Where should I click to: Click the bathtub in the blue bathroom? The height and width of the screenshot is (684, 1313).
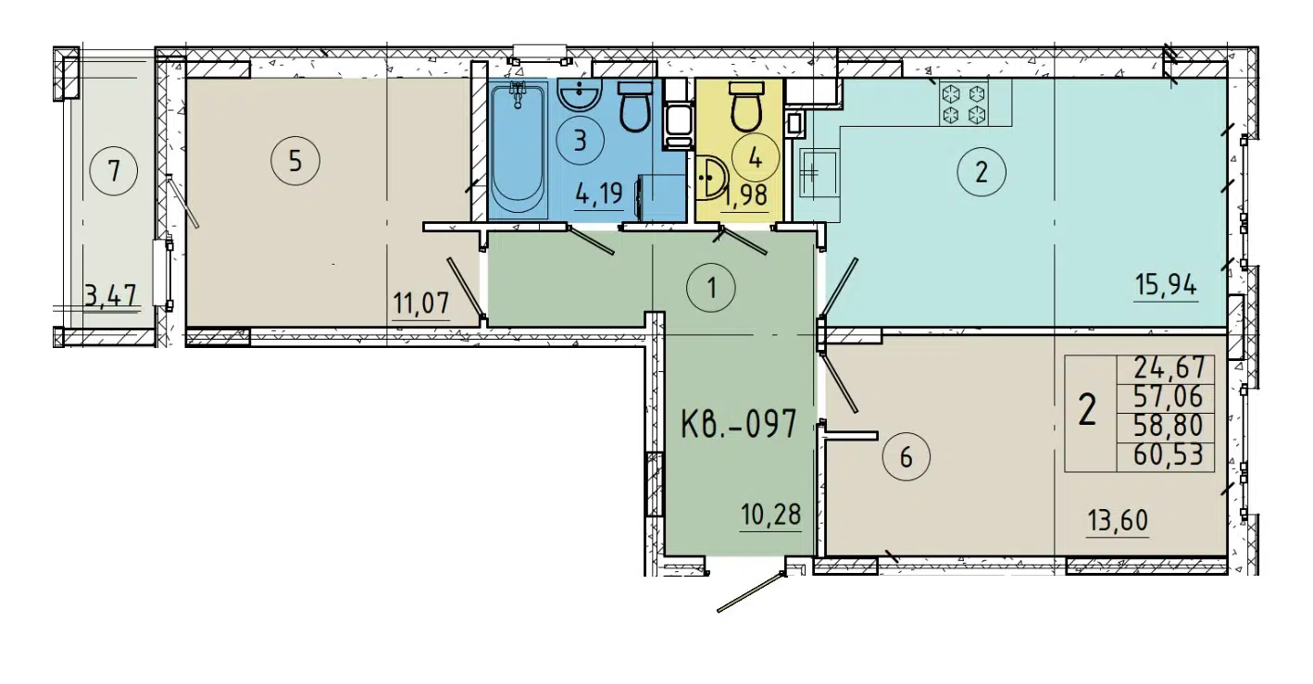tap(518, 148)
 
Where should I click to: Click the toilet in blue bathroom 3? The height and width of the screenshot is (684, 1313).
tap(634, 107)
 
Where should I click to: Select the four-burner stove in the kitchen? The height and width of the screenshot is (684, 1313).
tap(962, 103)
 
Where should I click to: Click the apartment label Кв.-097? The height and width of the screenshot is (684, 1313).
tap(738, 427)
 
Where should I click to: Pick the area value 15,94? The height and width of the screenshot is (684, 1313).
tap(1166, 285)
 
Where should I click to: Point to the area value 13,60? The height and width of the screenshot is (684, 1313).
tap(1117, 521)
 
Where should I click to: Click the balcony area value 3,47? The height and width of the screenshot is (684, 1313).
tap(110, 296)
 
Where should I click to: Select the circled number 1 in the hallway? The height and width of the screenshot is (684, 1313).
tap(710, 288)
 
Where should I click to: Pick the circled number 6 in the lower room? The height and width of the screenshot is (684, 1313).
tap(906, 456)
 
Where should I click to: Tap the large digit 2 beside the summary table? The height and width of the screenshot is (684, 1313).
tap(1089, 410)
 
